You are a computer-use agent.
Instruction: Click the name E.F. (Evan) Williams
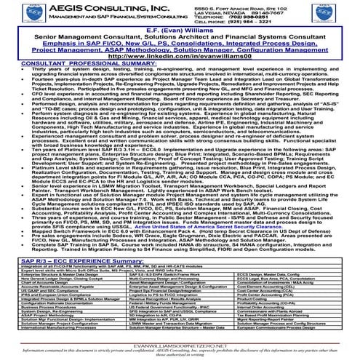coord(179,32)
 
